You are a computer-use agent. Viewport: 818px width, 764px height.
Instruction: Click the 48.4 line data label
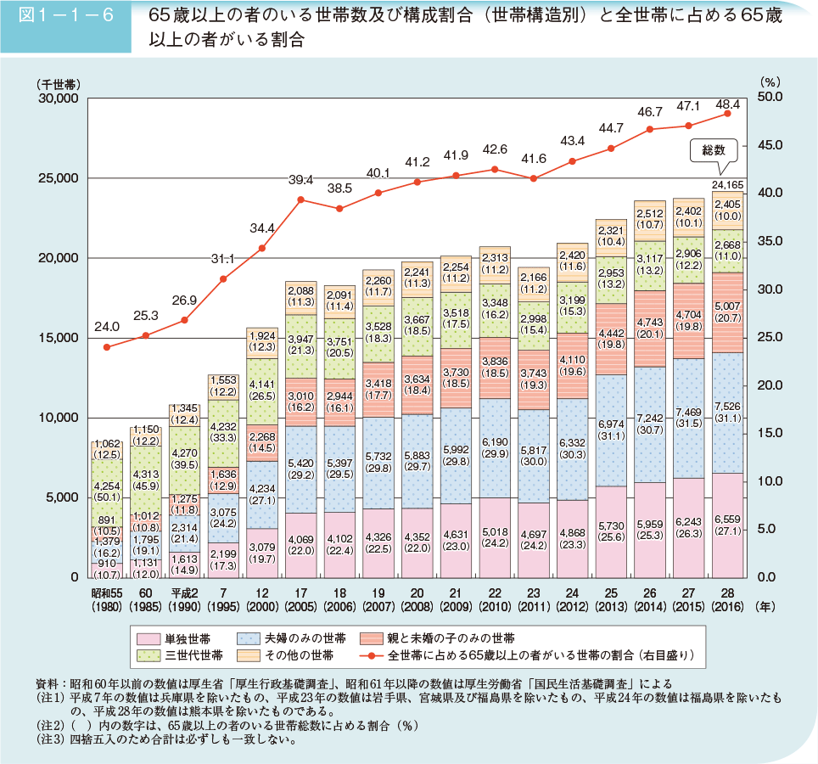pos(728,104)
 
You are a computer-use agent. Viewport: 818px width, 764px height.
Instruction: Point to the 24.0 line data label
pos(106,325)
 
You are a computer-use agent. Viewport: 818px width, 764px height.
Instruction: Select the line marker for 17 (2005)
pos(300,199)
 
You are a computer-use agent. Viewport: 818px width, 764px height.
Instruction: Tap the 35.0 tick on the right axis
pos(770,242)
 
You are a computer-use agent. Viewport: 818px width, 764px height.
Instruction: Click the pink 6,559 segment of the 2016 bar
pos(728,526)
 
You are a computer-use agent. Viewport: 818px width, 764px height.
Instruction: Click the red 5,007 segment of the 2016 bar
pos(728,312)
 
